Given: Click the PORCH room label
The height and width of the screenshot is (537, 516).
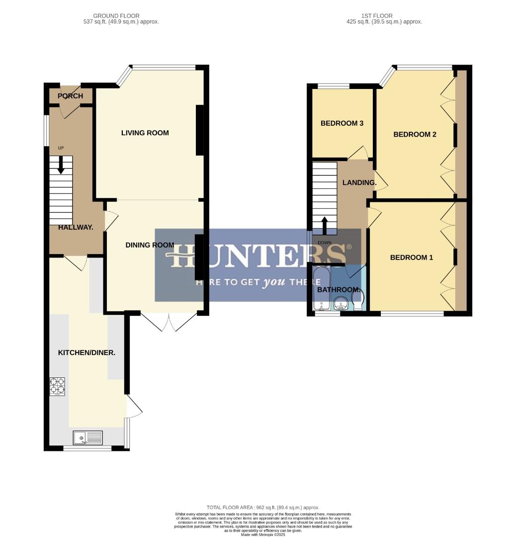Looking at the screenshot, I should pos(70,96).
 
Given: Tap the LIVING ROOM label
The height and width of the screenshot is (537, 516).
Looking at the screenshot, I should pos(145,133).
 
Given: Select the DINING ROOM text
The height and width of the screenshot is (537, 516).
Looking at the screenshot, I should pos(150,245).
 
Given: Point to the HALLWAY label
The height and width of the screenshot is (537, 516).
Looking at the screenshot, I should pos(76,227).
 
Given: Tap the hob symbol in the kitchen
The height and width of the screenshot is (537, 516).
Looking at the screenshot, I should pos(57,386).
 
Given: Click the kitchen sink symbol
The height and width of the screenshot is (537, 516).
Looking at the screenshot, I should pos(88,438).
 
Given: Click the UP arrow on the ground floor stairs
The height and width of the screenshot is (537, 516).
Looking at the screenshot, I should pos(61,165).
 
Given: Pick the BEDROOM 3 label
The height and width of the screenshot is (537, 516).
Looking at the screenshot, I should pos(342,123).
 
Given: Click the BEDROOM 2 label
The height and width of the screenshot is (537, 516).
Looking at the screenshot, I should pos(415,134).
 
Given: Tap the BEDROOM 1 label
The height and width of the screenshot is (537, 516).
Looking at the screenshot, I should pos(411,258).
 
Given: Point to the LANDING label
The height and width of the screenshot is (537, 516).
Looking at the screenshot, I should pos(359,182).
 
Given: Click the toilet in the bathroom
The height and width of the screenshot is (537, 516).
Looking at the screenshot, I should pos(358,300).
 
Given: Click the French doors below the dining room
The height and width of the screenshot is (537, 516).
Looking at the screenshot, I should pos(169,322).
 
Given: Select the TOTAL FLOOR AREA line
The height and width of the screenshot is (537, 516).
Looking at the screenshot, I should pos(263,507).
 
